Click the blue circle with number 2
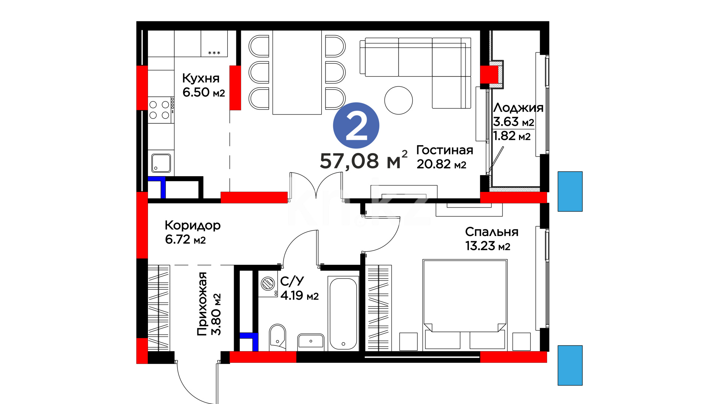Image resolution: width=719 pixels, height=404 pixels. [x=356, y=125]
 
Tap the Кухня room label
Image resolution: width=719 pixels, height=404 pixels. [x=201, y=78]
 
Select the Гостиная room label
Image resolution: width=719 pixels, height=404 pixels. [x=445, y=150]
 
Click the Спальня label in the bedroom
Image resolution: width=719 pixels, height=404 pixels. [x=492, y=232]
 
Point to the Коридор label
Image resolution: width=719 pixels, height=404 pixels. [x=192, y=226]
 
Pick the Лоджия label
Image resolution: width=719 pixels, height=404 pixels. [x=518, y=108]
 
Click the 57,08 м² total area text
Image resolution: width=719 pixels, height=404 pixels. [x=363, y=160]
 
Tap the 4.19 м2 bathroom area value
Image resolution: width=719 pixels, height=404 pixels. [x=300, y=296]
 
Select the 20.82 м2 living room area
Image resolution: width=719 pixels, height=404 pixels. [x=442, y=164]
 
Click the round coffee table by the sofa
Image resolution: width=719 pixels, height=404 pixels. [x=398, y=100]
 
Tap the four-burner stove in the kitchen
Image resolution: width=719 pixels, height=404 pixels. [x=161, y=110]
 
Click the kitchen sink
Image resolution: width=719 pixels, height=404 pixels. [x=161, y=163]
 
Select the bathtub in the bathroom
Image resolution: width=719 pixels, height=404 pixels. [x=343, y=313]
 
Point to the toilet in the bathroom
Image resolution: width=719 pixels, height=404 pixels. [x=277, y=337]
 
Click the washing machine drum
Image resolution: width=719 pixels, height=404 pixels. [x=268, y=284]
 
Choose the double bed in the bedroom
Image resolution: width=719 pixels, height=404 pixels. [x=465, y=305]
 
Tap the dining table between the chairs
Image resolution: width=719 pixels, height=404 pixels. [x=297, y=72]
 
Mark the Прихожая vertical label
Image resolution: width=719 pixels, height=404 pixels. [x=202, y=304]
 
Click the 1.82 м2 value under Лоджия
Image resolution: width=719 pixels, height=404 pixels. [x=512, y=136]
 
